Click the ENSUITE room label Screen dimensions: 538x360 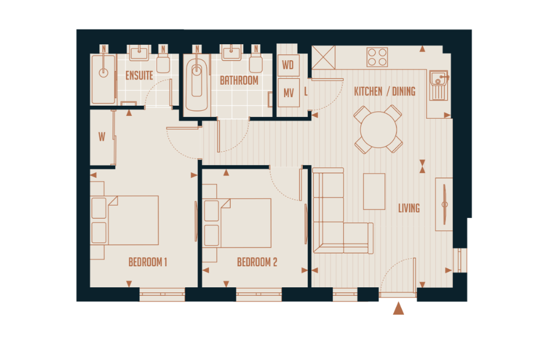[139, 76]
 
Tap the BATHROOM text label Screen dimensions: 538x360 [239, 81]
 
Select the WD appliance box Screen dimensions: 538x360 [288, 65]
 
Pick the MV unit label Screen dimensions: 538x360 [288, 93]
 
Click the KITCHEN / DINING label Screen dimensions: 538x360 [385, 91]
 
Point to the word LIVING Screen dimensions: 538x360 [408, 208]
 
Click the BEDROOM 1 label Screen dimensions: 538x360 [148, 262]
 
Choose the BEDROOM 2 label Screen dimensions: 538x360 [257, 262]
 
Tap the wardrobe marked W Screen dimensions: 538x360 [102, 137]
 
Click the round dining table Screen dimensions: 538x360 [378, 130]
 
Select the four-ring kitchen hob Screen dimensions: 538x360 [377, 57]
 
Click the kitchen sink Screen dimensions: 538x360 [439, 85]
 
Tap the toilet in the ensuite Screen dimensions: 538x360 [163, 62]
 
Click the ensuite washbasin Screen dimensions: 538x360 [139, 53]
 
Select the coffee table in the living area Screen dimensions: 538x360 [374, 191]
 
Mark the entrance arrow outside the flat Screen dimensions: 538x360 [398, 308]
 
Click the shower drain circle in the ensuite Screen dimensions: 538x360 [103, 73]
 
